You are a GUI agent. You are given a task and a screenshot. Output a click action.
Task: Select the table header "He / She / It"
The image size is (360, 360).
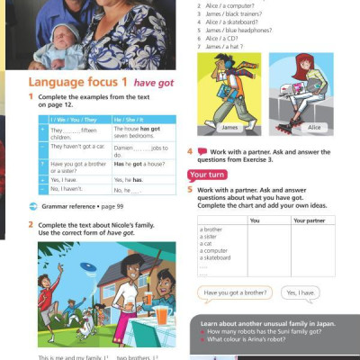click(x=130, y=120)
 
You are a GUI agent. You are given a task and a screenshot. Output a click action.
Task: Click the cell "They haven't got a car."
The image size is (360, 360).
click(x=77, y=146)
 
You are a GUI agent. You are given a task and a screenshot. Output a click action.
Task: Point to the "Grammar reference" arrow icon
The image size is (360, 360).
click(x=34, y=207)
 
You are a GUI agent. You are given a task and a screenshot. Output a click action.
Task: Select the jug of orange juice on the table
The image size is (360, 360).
click(x=162, y=315)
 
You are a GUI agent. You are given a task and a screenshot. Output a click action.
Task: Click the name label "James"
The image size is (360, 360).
click(x=229, y=128)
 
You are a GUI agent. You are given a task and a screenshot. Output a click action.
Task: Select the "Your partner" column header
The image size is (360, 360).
click(x=310, y=220)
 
